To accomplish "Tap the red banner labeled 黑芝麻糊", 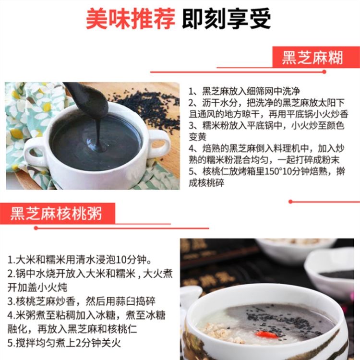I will pyautogui.click(x=312, y=58).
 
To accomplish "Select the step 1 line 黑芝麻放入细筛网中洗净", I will pyautogui.click(x=244, y=91).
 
